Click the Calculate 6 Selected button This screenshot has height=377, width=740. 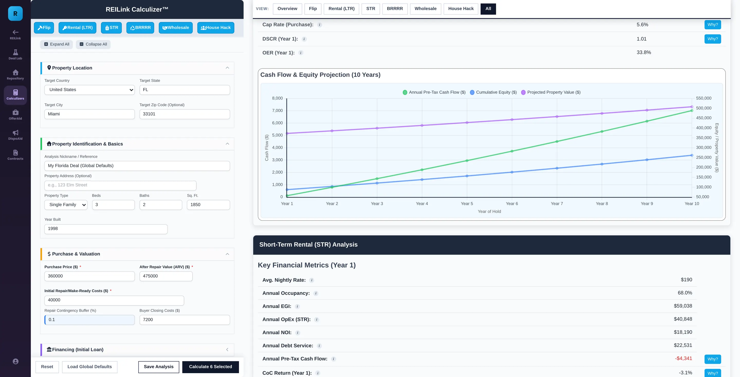coord(210,367)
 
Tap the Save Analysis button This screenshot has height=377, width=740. coord(159,367)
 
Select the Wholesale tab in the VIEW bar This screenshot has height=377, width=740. coord(425,9)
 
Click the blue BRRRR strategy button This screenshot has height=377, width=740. coord(140,28)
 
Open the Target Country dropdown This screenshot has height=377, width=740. coord(90,90)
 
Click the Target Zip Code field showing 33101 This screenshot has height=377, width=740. coord(184,114)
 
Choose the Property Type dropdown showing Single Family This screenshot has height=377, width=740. coord(66,205)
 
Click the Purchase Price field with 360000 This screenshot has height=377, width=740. coord(90,276)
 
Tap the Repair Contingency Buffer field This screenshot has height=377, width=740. coord(90,320)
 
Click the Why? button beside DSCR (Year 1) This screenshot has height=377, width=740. coord(713,39)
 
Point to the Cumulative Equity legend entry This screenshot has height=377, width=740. coord(493,92)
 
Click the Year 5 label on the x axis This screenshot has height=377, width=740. coord(467,204)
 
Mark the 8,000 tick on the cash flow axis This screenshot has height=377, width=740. coord(277,98)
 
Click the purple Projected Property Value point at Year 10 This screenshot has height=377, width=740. coord(692,107)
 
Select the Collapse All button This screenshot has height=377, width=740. coord(93,44)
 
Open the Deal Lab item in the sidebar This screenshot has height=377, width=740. coord(15,55)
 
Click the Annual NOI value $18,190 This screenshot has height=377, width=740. coord(683,332)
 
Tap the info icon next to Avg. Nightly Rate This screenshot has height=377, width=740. coord(312,280)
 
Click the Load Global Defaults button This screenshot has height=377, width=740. coord(90,367)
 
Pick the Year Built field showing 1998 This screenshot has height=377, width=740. coord(106,229)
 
